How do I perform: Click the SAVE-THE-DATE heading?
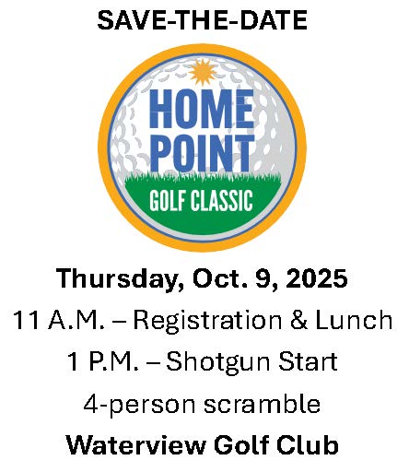coord(203,20)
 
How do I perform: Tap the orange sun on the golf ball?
coord(203,73)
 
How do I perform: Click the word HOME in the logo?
coord(202,109)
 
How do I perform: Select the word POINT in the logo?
coord(203,153)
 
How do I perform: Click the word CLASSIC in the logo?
coord(222,200)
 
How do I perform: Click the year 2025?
coord(317,278)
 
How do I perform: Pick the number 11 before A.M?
coord(27,320)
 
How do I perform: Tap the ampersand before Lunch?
coord(298,320)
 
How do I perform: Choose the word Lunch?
coord(354,320)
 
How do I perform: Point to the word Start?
coord(309,360)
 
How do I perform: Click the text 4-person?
coord(139,406)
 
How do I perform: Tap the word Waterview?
coord(136,444)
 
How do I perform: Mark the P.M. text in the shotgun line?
coord(114,361)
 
